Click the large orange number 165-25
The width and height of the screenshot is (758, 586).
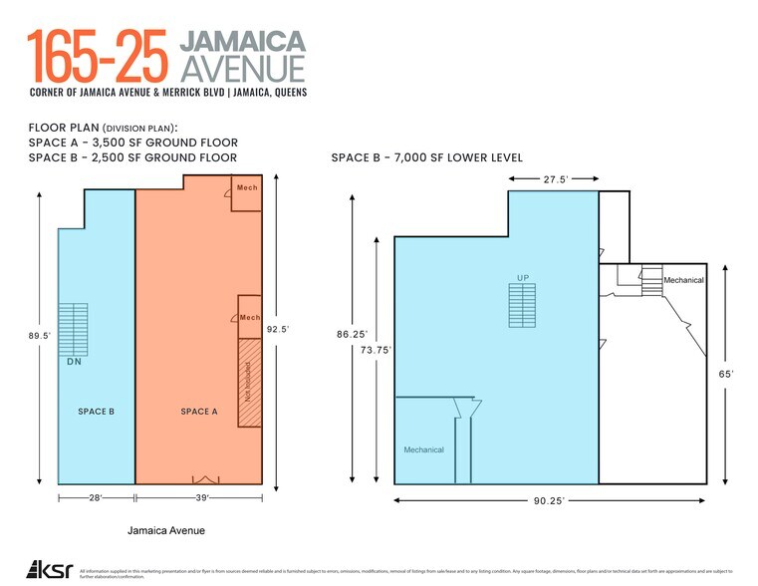coord(98,57)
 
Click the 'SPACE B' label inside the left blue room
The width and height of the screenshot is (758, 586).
coord(98,412)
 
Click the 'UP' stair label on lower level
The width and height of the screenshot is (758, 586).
coord(521,277)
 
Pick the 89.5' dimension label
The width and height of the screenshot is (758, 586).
coord(40,337)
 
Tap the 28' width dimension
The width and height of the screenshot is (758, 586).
coord(98,496)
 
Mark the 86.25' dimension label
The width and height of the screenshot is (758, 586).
coord(353,335)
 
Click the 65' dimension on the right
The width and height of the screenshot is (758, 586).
coord(727,374)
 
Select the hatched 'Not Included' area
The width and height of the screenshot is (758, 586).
coord(249,384)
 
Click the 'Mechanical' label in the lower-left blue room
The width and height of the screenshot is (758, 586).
coord(423,450)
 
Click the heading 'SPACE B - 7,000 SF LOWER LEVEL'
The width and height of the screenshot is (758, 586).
coord(426,157)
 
